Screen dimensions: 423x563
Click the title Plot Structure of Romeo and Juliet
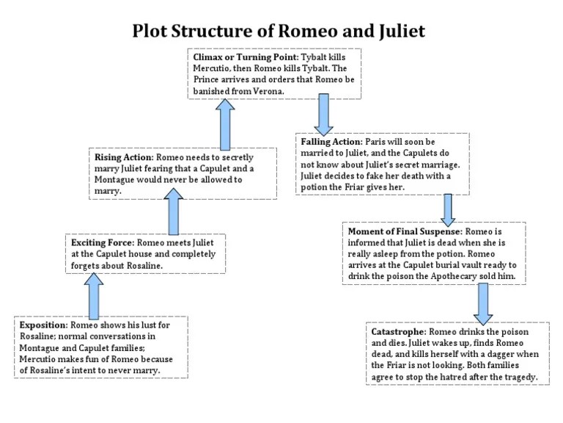coord(279,32)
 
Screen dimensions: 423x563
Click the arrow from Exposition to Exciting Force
coord(95,295)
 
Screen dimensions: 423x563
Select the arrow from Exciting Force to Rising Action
coord(173,211)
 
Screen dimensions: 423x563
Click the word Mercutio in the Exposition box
coord(39,359)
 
